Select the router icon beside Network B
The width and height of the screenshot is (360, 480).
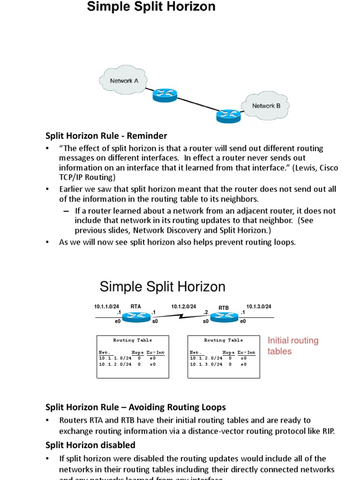[x=228, y=115]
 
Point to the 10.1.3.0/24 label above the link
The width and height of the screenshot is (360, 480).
[x=259, y=307]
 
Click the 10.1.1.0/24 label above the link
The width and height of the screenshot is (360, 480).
[x=106, y=307]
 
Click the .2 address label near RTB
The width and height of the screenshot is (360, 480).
[x=205, y=312]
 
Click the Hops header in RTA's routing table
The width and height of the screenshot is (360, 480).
[x=137, y=352]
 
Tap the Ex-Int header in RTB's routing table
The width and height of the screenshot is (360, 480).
[x=247, y=352]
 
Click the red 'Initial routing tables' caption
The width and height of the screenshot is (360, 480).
[x=292, y=346]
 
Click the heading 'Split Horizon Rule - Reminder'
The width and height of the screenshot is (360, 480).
[x=106, y=136]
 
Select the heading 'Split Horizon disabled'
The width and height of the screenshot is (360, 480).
[x=90, y=445]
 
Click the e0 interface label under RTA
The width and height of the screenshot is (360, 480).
[x=118, y=322]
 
